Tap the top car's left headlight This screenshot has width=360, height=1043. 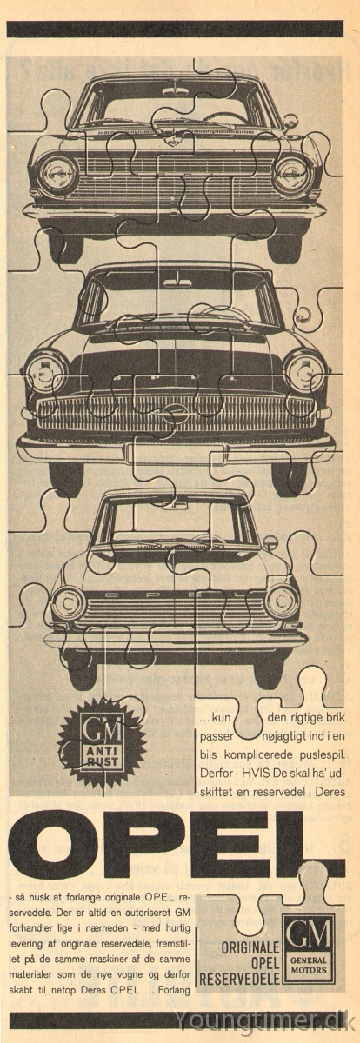(x=58, y=176)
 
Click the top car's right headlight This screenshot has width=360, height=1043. (x=291, y=176)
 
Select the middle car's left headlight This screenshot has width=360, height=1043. (x=46, y=372)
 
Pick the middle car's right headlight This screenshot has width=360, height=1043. (x=305, y=372)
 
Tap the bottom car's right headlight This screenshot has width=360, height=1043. (x=282, y=601)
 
